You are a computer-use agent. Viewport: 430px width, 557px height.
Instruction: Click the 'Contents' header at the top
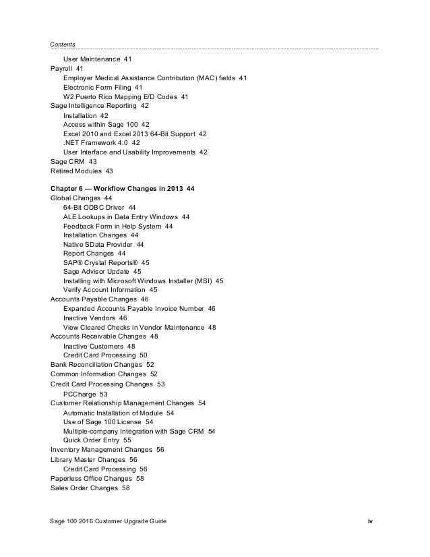pos(63,45)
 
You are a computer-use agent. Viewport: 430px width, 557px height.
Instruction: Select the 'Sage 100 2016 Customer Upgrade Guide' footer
pos(109,522)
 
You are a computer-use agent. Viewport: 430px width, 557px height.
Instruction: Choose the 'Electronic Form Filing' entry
pos(97,88)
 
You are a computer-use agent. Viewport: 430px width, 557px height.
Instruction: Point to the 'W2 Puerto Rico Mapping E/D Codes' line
pos(121,97)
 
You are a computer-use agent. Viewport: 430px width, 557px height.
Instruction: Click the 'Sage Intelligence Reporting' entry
pos(94,106)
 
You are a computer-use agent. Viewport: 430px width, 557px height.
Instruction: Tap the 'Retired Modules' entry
pos(78,171)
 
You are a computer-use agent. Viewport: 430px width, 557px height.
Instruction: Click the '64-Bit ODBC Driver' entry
pos(94,207)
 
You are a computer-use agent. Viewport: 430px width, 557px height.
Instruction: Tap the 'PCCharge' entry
pos(80,393)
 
